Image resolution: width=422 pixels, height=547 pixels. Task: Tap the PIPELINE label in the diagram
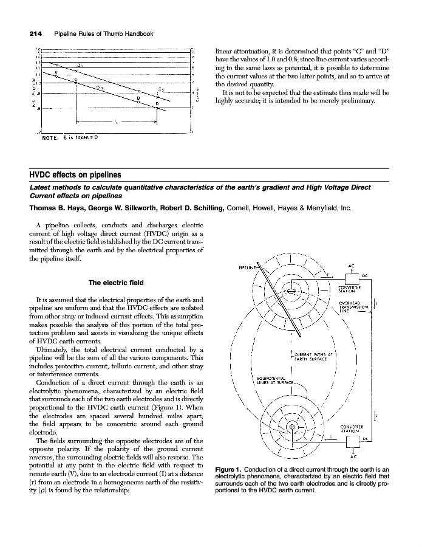point(247,266)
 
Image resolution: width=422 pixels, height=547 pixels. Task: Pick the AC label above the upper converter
point(352,265)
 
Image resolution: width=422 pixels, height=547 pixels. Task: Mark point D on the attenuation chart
point(157,105)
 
